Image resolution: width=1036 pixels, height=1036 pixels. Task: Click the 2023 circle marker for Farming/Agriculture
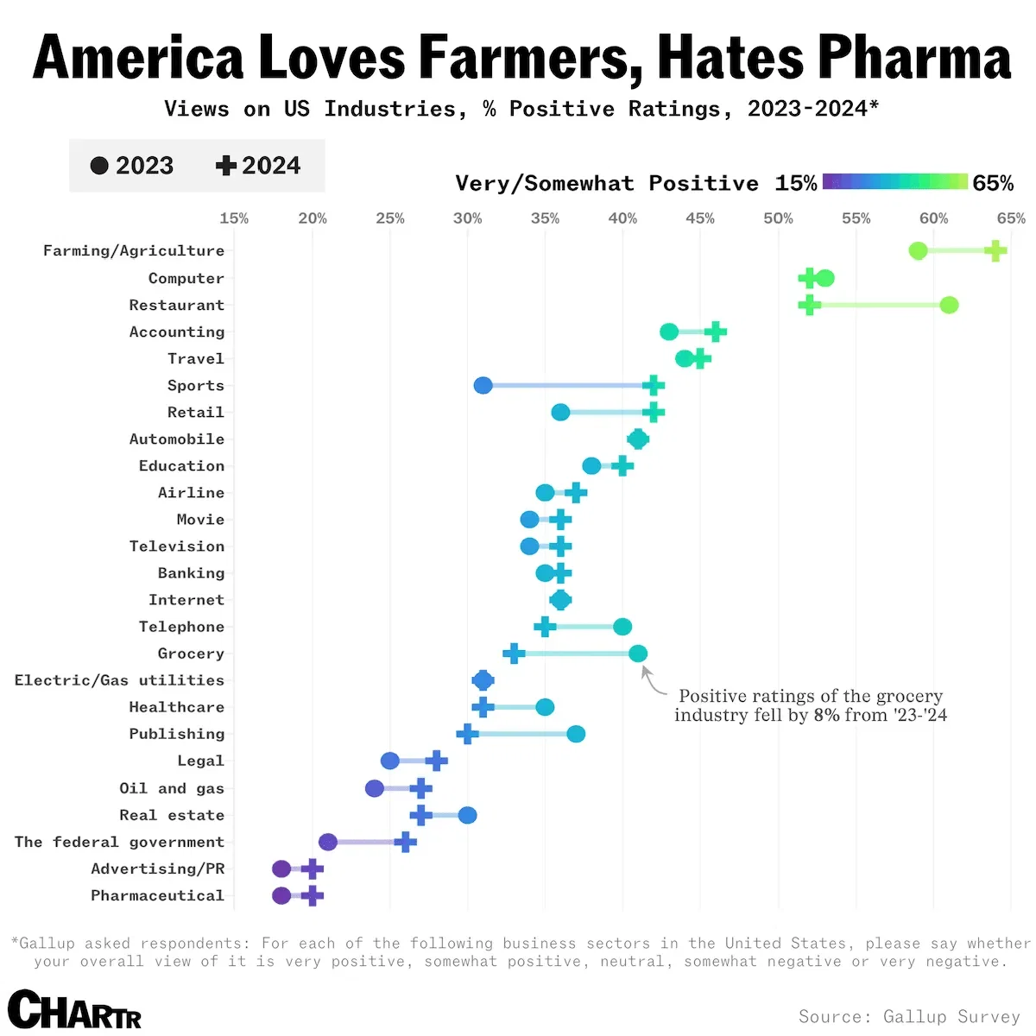[x=918, y=251]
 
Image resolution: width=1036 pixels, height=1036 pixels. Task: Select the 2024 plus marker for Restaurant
[x=809, y=305]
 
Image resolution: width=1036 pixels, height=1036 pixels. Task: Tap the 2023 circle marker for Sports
[x=483, y=385]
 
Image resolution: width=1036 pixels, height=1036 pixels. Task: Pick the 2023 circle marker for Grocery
[x=638, y=654]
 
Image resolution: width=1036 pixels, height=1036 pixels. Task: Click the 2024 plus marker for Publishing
[x=467, y=734]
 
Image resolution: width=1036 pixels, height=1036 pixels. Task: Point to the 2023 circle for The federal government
[x=328, y=842]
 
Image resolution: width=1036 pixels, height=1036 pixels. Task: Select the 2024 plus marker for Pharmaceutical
[x=313, y=895]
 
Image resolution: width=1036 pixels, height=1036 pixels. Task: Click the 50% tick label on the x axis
[x=778, y=218]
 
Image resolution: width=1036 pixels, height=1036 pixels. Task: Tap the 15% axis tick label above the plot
[x=234, y=218]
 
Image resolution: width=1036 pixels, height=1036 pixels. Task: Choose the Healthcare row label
[x=176, y=707]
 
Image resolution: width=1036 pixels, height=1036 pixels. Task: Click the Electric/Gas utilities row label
[x=119, y=680]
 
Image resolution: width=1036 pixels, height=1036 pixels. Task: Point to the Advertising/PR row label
[x=157, y=869]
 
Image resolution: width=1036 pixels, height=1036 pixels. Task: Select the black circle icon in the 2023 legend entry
[x=99, y=166]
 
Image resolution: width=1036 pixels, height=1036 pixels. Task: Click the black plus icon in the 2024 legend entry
[x=226, y=166]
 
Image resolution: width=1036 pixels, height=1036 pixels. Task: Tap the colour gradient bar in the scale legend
[x=894, y=181]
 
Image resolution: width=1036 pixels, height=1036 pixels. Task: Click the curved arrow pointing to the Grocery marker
[x=653, y=682]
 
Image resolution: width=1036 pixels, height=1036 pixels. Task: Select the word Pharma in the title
[x=914, y=58]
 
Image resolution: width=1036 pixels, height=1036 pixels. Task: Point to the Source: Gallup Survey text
[x=909, y=1016]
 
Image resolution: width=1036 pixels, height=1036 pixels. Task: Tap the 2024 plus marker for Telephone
[x=545, y=627]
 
